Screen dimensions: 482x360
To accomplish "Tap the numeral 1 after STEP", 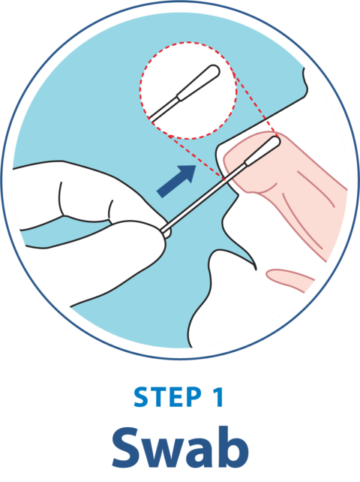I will pos(218,398).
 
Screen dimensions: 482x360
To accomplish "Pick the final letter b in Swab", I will pos(234,446).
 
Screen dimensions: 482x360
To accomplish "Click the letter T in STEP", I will pos(156,398).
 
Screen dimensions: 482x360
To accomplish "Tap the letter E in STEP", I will pos(174,398).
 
